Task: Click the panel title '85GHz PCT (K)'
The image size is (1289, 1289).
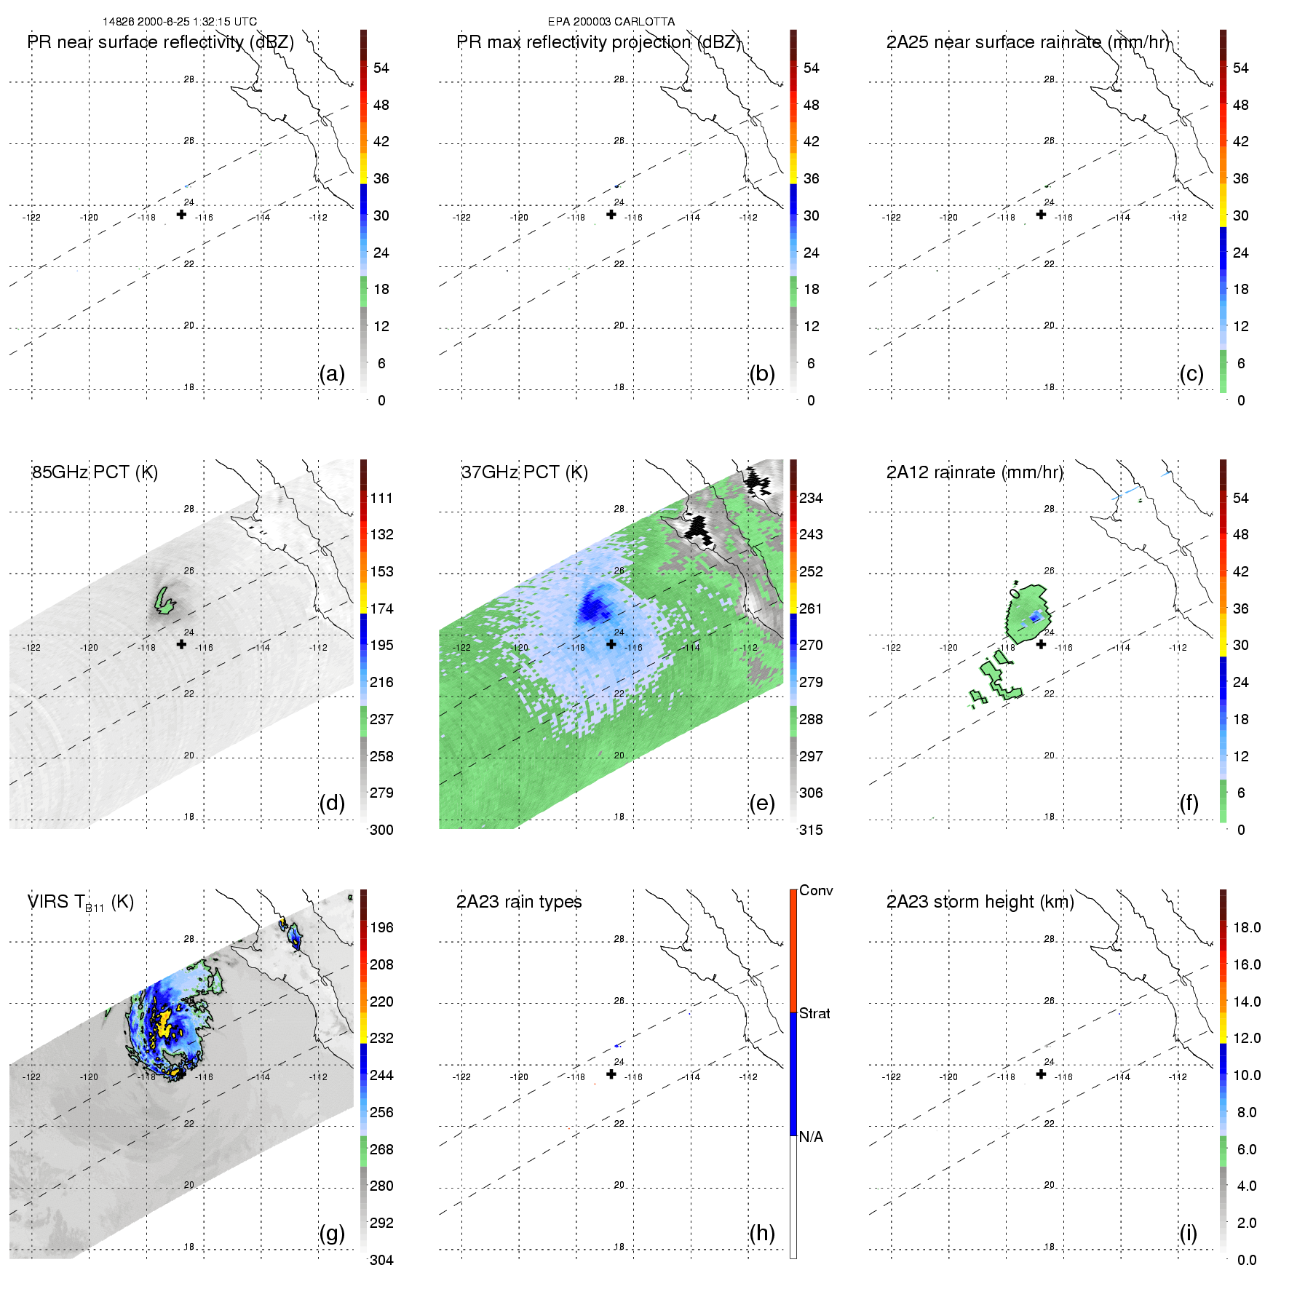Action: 95,472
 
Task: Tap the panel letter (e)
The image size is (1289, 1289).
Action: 761,803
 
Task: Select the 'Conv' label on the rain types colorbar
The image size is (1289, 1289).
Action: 815,890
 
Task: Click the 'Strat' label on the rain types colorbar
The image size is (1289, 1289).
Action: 814,1013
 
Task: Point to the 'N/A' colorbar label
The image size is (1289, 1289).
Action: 811,1137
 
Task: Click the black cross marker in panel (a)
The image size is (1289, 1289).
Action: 181,214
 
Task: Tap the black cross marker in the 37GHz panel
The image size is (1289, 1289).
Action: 611,644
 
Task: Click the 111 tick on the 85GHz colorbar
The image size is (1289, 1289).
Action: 381,498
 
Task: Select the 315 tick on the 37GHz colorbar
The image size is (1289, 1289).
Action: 811,830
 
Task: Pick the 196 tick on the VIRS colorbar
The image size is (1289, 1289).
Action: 381,927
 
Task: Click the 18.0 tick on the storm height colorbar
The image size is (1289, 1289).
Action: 1246,927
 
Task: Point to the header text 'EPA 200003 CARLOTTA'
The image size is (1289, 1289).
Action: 611,22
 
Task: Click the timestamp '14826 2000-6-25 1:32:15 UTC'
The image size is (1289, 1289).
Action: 179,22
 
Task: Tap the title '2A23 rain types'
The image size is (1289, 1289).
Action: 519,902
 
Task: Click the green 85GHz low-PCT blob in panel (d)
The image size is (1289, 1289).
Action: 164,601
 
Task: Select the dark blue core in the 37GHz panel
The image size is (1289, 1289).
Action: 595,605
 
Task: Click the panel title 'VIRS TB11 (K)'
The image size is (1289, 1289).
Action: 80,903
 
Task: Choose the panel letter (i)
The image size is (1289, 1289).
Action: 1188,1233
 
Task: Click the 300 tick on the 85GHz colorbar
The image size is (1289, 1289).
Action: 381,830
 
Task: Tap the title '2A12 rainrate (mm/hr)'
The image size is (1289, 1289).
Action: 975,472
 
